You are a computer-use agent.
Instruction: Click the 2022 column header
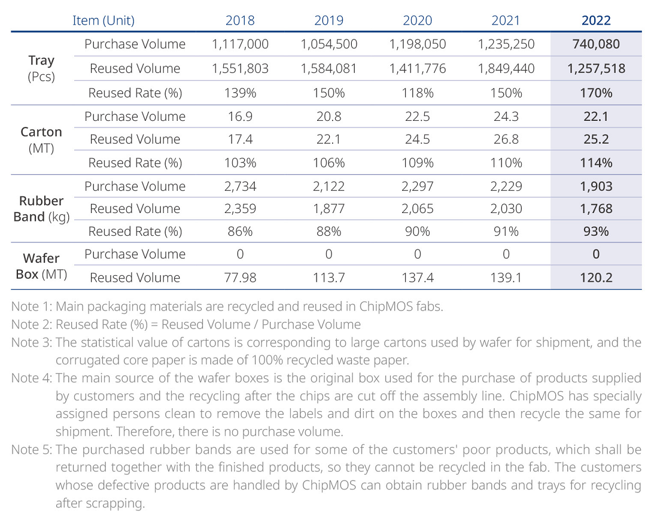click(x=596, y=20)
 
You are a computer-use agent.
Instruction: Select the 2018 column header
click(x=240, y=20)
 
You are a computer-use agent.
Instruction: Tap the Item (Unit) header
click(x=104, y=20)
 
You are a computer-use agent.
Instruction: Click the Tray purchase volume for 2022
click(x=596, y=44)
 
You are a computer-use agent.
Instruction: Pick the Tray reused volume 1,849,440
click(x=506, y=69)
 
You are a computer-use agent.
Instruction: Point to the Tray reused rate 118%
click(x=417, y=93)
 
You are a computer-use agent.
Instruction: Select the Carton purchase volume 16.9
click(x=240, y=116)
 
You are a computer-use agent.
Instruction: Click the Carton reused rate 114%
click(x=596, y=163)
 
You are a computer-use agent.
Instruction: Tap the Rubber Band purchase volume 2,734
click(x=240, y=187)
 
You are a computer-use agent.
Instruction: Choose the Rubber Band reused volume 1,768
click(x=596, y=209)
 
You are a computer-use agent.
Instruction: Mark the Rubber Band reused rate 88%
click(x=329, y=232)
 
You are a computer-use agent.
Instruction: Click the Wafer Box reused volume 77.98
click(x=240, y=278)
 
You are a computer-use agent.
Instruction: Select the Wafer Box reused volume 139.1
click(x=506, y=278)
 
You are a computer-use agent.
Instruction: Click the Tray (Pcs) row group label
click(x=41, y=69)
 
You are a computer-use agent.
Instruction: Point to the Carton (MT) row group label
click(x=41, y=140)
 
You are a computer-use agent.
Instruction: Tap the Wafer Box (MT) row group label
click(x=41, y=266)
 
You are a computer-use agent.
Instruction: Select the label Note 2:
click(x=32, y=324)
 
